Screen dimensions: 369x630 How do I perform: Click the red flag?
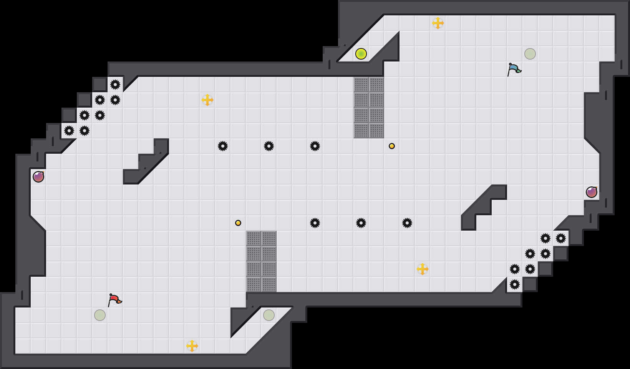(114, 299)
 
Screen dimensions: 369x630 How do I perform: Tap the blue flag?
(514, 69)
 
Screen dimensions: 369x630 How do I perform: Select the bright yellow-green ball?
(361, 54)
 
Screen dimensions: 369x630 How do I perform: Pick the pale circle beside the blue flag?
(530, 54)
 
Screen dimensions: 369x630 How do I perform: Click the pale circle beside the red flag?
(100, 315)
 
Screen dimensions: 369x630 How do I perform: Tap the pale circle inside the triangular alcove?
(269, 315)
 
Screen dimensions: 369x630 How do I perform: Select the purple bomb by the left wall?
(38, 177)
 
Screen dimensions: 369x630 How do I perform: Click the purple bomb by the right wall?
(592, 192)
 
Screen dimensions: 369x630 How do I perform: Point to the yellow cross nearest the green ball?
(438, 23)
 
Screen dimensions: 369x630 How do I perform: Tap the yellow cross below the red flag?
(192, 346)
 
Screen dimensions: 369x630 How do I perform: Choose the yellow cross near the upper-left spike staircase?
(207, 100)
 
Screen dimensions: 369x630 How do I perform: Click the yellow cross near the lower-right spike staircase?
(423, 269)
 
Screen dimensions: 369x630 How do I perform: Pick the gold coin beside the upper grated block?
(392, 146)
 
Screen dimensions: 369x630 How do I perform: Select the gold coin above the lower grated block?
(238, 223)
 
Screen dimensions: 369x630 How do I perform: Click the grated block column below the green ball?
(369, 108)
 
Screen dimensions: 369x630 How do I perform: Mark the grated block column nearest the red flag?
(261, 261)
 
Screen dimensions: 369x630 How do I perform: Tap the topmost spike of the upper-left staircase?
(115, 85)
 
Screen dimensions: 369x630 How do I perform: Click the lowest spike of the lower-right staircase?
(515, 284)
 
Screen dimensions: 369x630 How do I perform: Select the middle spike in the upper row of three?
(269, 146)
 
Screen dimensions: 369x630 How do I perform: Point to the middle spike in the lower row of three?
(361, 223)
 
